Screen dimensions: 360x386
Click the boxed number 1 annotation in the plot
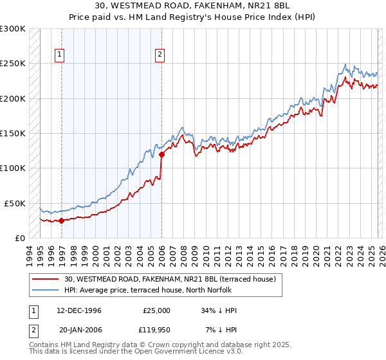(x=59, y=55)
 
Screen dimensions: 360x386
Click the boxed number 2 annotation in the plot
(x=159, y=55)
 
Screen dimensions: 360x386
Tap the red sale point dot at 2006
(x=161, y=154)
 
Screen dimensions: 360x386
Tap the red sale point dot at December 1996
(x=62, y=221)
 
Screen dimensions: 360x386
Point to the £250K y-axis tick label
(x=13, y=64)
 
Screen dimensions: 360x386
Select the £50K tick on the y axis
(x=15, y=203)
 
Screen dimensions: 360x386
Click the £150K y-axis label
(x=13, y=133)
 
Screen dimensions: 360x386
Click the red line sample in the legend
(x=45, y=279)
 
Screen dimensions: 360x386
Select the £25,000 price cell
(x=156, y=310)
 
